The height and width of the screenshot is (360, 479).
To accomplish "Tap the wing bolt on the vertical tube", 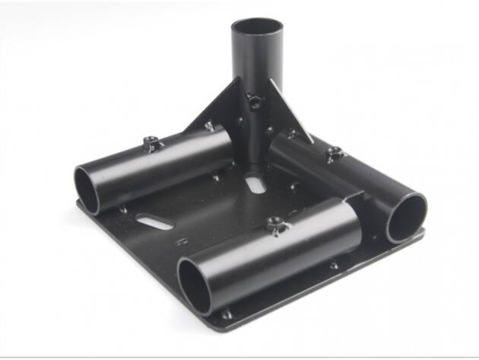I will tap(252, 100).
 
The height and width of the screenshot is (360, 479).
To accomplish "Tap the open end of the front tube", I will tap(195, 282).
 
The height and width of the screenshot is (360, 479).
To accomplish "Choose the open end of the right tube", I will tap(407, 217).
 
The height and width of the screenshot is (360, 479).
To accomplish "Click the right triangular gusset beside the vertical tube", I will tap(292, 114).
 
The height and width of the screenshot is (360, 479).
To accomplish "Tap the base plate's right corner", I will tap(423, 233).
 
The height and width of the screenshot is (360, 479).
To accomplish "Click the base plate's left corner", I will tap(78, 204).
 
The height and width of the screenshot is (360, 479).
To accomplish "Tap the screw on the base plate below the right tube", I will tap(335, 266).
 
